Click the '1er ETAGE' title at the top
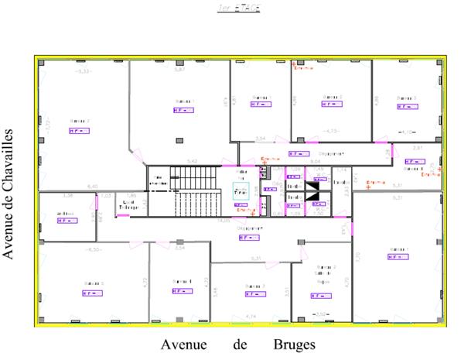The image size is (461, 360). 239,8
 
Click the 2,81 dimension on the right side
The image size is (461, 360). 417,147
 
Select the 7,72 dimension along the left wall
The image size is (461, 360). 46,124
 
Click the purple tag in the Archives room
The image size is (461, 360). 65,221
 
